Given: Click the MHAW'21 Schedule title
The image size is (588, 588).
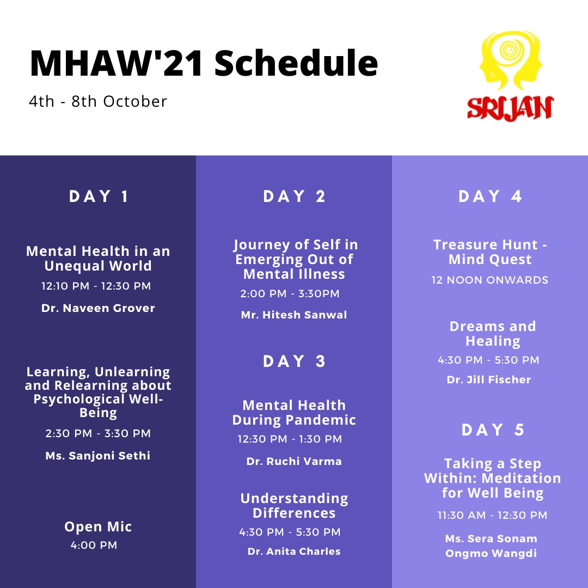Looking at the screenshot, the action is (x=204, y=63).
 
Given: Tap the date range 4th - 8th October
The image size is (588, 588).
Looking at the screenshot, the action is (x=98, y=101).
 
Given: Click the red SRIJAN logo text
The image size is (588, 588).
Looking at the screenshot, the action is (x=510, y=109).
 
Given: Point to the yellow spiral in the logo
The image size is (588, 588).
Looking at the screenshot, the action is (x=509, y=50).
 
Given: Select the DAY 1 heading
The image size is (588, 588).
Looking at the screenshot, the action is (x=98, y=196).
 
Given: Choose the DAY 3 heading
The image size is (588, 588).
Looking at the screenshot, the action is (x=294, y=361).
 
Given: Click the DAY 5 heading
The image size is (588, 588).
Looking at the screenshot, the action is (x=492, y=430).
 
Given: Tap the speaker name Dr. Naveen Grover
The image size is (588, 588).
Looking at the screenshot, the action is (x=98, y=308).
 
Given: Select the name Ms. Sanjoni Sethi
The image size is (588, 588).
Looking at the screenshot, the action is (x=98, y=455).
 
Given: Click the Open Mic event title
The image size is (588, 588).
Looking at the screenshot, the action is (x=98, y=526).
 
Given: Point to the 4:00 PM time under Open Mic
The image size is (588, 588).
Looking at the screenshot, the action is (x=94, y=545).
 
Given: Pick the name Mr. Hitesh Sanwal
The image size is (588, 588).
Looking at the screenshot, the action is (x=294, y=315).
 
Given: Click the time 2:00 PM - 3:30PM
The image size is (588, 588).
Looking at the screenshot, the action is (x=290, y=293).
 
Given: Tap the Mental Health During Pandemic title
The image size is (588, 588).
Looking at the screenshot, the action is (x=294, y=413).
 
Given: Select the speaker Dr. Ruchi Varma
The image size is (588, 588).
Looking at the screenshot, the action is (x=294, y=461).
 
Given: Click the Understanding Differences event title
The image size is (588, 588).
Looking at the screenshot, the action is (x=294, y=505).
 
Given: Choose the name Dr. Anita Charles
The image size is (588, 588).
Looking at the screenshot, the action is (x=294, y=551).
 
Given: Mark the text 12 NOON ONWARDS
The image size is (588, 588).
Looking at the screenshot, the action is (x=490, y=280).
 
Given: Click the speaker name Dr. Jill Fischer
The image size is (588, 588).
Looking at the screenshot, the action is (x=489, y=379).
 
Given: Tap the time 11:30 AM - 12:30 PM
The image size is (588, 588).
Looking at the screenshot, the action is (x=492, y=515).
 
